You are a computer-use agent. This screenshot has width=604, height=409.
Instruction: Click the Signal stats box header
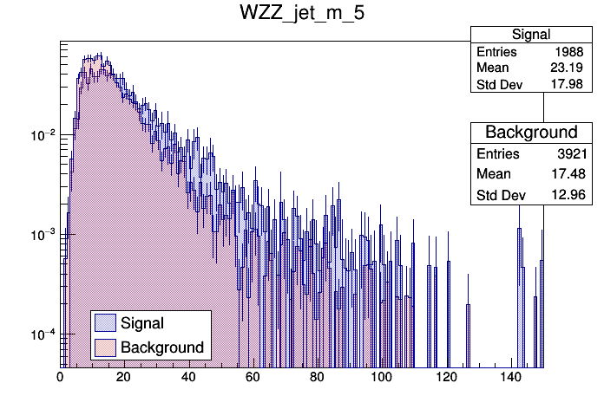pos(531,34)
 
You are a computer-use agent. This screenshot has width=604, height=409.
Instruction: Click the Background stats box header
pos(531,132)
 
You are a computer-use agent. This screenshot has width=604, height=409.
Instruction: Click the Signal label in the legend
pos(142,323)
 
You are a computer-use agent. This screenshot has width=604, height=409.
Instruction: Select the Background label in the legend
pos(162,347)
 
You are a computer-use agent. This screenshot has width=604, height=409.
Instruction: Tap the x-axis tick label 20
pos(124,377)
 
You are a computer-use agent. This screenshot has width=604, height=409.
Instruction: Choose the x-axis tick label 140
pos(511,377)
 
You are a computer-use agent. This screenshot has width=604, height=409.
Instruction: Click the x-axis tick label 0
pos(60,377)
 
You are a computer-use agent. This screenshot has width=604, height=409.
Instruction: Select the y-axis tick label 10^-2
pos(43,135)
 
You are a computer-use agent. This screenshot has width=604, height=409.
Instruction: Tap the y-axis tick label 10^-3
pos(43,235)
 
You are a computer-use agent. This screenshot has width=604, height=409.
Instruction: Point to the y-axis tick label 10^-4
pos(43,334)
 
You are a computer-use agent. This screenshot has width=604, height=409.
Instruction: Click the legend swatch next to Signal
pos(105,323)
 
